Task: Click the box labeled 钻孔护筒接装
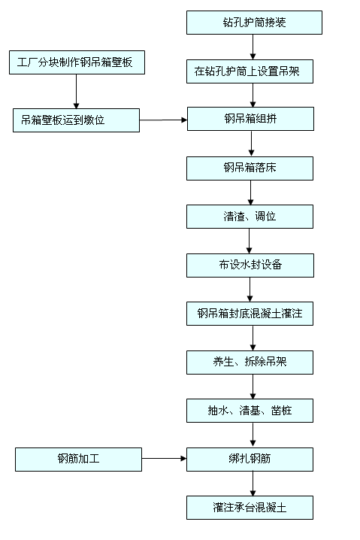[x=254, y=23]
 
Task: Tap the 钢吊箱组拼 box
[x=250, y=119]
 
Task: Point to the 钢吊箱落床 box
[x=250, y=168]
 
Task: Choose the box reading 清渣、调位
[x=250, y=217]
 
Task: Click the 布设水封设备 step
[x=250, y=265]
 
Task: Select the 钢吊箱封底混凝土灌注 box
[x=250, y=314]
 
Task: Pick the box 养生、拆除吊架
[x=250, y=362]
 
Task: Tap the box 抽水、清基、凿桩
[x=250, y=411]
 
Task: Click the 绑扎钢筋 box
[x=250, y=458]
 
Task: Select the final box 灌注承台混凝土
[x=250, y=508]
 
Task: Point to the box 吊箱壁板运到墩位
[x=75, y=120]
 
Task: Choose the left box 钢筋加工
[x=78, y=459]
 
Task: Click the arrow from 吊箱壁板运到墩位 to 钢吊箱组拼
[x=163, y=120]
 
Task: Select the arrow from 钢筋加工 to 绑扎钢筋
[x=164, y=458]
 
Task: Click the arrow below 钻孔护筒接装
[x=253, y=47]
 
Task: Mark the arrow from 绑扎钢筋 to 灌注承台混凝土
[x=252, y=483]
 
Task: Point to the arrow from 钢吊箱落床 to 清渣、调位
[x=250, y=193]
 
